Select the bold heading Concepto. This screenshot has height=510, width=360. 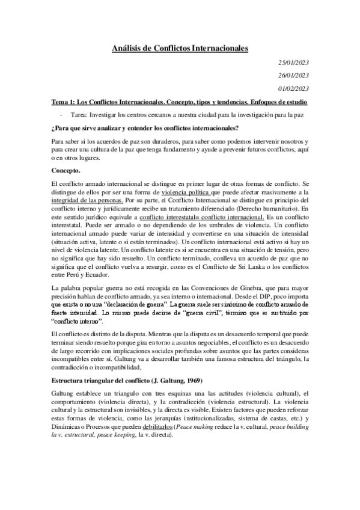(70, 171)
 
